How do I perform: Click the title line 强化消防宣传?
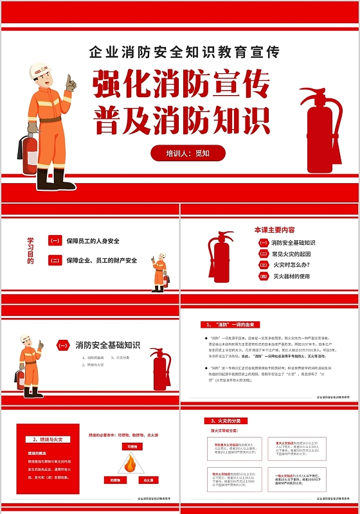[181, 85]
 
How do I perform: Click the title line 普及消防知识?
[181, 120]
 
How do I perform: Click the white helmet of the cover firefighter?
[39, 69]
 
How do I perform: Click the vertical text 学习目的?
[30, 251]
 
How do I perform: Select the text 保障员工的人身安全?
[93, 241]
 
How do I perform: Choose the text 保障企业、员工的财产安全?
[102, 260]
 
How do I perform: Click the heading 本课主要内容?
[274, 229]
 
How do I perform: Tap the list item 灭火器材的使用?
[291, 276]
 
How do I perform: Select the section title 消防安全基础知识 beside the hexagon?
[107, 345]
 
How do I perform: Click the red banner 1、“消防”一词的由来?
[231, 324]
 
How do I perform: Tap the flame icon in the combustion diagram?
[131, 463]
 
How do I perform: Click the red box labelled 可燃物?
[132, 446]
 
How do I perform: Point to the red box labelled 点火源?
[148, 480]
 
